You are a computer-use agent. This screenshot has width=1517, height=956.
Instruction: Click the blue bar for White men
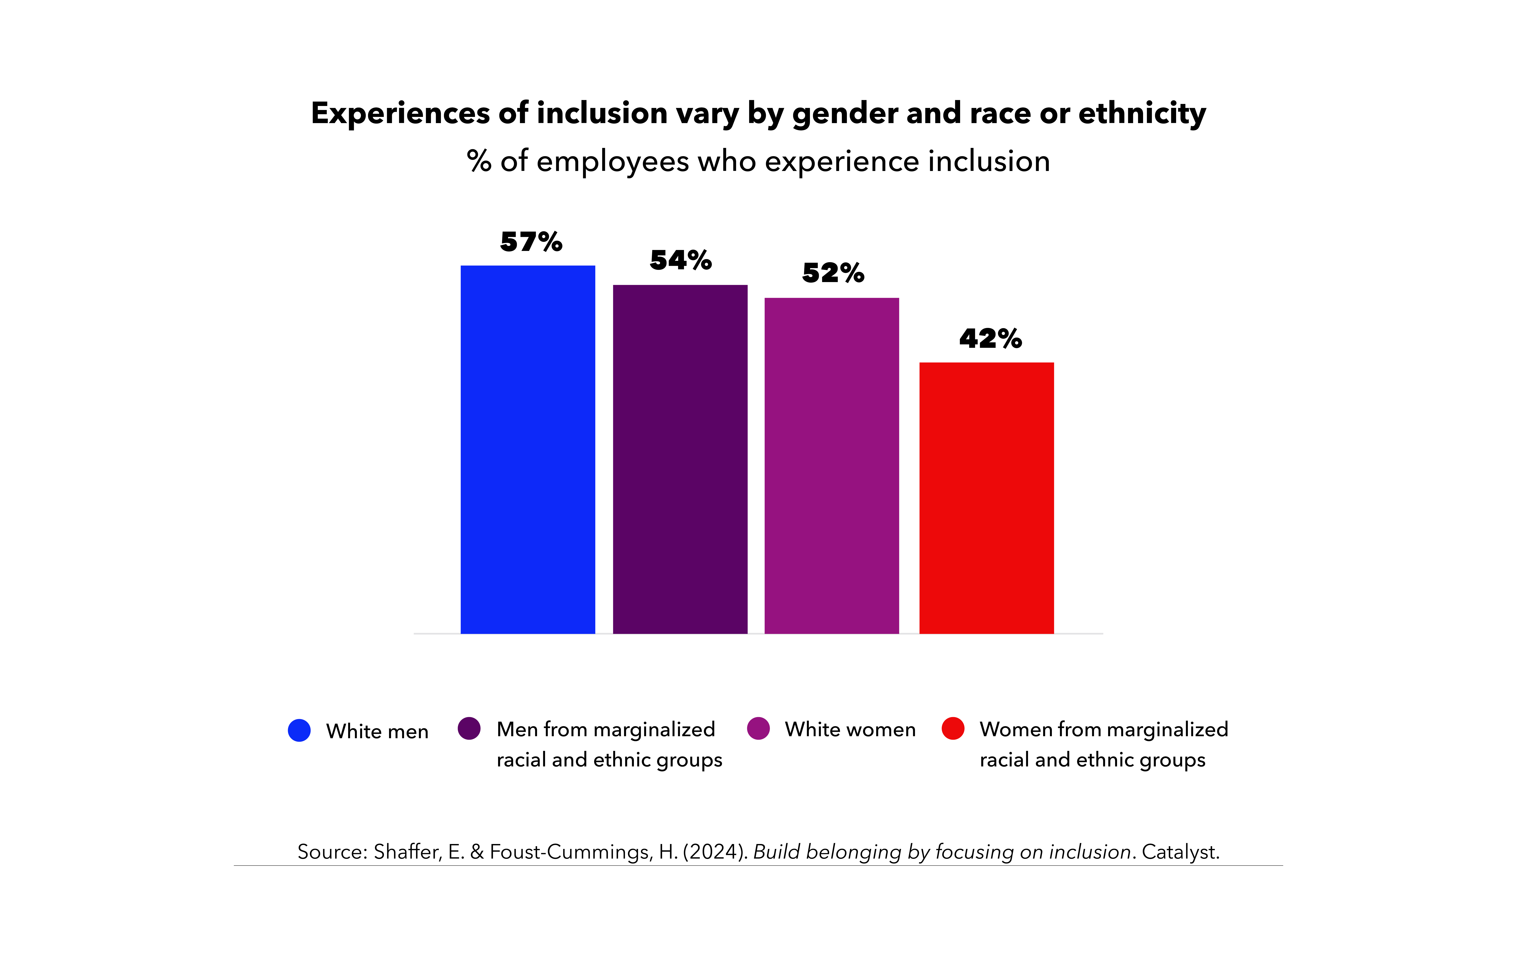coord(528,449)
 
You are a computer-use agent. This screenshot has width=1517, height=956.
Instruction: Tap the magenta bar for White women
coord(832,466)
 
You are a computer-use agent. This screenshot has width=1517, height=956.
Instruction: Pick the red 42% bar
coord(987,498)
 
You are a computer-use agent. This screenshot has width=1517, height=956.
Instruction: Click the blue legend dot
coord(299,730)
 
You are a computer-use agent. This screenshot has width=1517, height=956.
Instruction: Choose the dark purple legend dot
coord(469,729)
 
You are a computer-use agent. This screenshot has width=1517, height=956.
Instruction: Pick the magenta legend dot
coord(758,729)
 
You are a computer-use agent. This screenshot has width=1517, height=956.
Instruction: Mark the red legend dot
coord(953,729)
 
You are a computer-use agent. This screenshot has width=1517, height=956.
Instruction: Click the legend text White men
coord(377,731)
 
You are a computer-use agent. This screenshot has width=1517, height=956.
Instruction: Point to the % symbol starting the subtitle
coord(479,161)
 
